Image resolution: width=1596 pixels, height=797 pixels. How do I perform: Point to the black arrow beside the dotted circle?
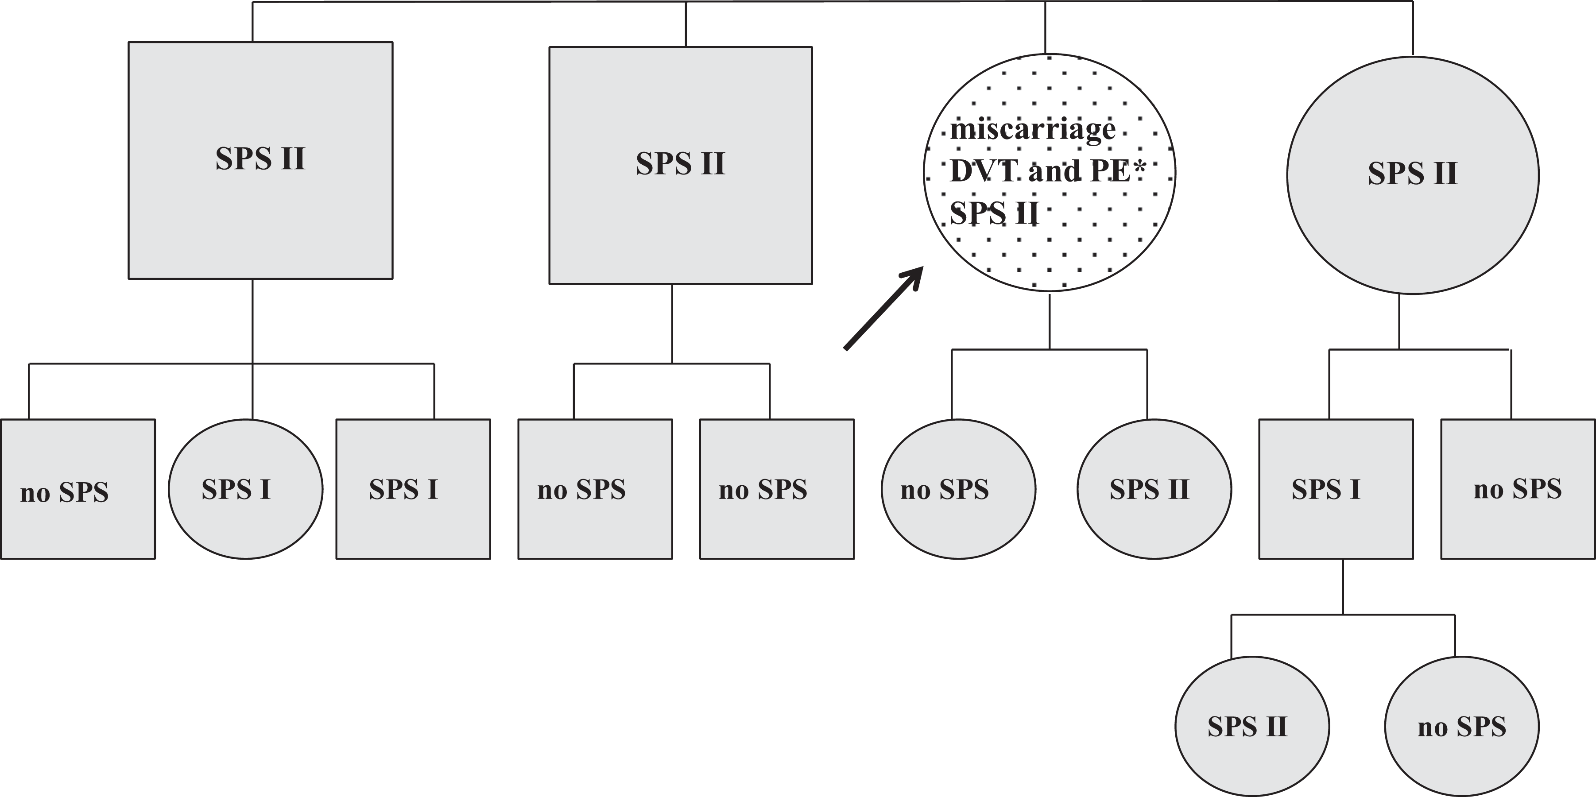[x=883, y=309]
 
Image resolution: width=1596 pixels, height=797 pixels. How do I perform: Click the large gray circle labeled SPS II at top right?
[x=1413, y=175]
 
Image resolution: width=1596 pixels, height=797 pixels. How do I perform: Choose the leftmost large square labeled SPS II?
[x=260, y=160]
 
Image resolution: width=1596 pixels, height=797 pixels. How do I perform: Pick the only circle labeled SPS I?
[x=245, y=489]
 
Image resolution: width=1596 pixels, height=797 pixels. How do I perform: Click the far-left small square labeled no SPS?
[x=78, y=489]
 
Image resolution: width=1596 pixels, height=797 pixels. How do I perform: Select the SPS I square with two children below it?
[x=1336, y=489]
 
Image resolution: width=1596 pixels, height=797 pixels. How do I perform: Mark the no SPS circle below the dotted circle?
[x=958, y=489]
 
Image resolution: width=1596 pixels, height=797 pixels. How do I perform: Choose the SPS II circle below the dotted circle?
[x=1154, y=489]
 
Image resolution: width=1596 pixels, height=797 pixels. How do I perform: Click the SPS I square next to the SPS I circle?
[x=413, y=489]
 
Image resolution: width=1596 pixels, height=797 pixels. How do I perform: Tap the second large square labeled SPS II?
[x=680, y=165]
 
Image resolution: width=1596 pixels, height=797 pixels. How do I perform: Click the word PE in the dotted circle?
[x=1112, y=171]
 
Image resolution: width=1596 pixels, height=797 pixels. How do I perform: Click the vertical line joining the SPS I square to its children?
[x=1343, y=586]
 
